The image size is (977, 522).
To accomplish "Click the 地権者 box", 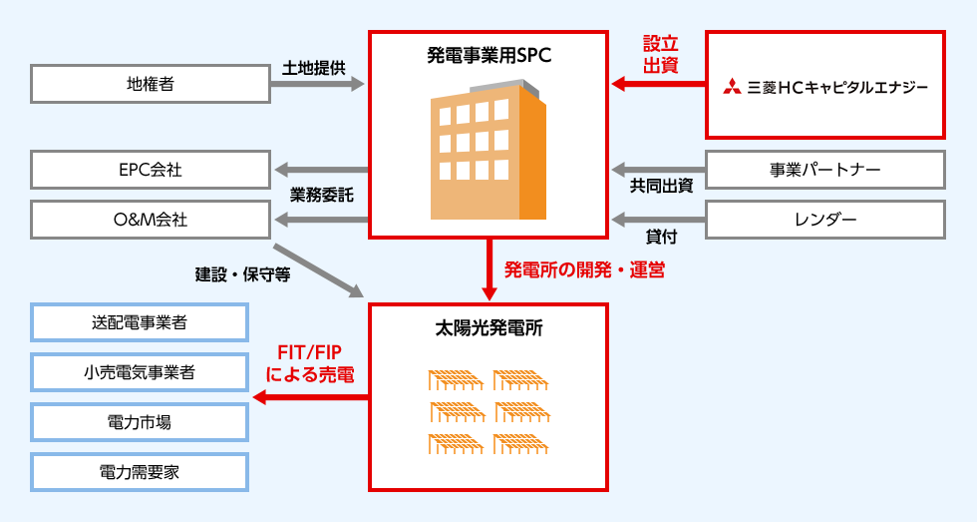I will coord(151,85).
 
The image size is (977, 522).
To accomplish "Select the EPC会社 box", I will coord(151,170).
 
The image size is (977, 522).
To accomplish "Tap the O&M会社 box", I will coord(151,219).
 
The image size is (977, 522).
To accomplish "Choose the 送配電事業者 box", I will coord(140,322).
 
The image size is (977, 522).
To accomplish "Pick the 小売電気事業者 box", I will coord(140,372).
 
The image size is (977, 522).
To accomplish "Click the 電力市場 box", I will coord(140,422).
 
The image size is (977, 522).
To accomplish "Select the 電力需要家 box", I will coord(140,472).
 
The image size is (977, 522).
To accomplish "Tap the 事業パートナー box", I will coord(825,170).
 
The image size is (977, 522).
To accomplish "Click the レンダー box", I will coord(825,220).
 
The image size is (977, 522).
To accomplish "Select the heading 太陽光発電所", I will coord(488,327).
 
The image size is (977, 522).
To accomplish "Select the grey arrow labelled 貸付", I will coord(658,219).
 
